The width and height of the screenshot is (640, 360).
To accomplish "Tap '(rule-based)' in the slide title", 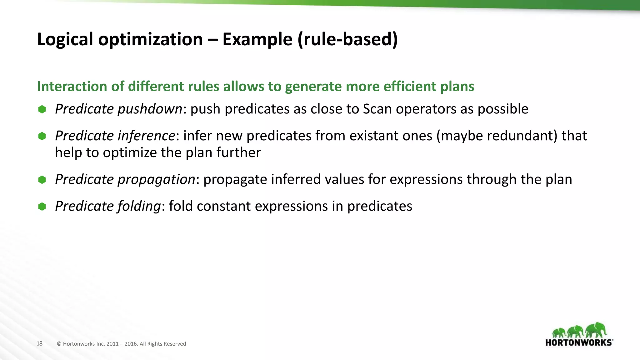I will [x=347, y=39].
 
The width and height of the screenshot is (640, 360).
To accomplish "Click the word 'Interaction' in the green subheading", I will [x=72, y=86].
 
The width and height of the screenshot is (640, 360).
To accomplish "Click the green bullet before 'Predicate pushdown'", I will [x=42, y=109].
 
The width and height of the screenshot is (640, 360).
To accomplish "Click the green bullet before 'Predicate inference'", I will [x=42, y=136].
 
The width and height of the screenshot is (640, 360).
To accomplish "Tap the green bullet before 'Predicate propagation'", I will [x=42, y=180].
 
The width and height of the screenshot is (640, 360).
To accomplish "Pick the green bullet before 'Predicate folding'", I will [x=42, y=207].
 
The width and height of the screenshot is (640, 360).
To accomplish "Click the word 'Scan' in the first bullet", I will [x=377, y=109].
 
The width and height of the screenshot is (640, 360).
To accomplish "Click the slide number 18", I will [x=39, y=343].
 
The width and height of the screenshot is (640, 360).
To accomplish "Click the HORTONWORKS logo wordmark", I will [x=579, y=342].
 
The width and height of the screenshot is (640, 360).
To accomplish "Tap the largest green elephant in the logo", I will [x=596, y=330].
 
